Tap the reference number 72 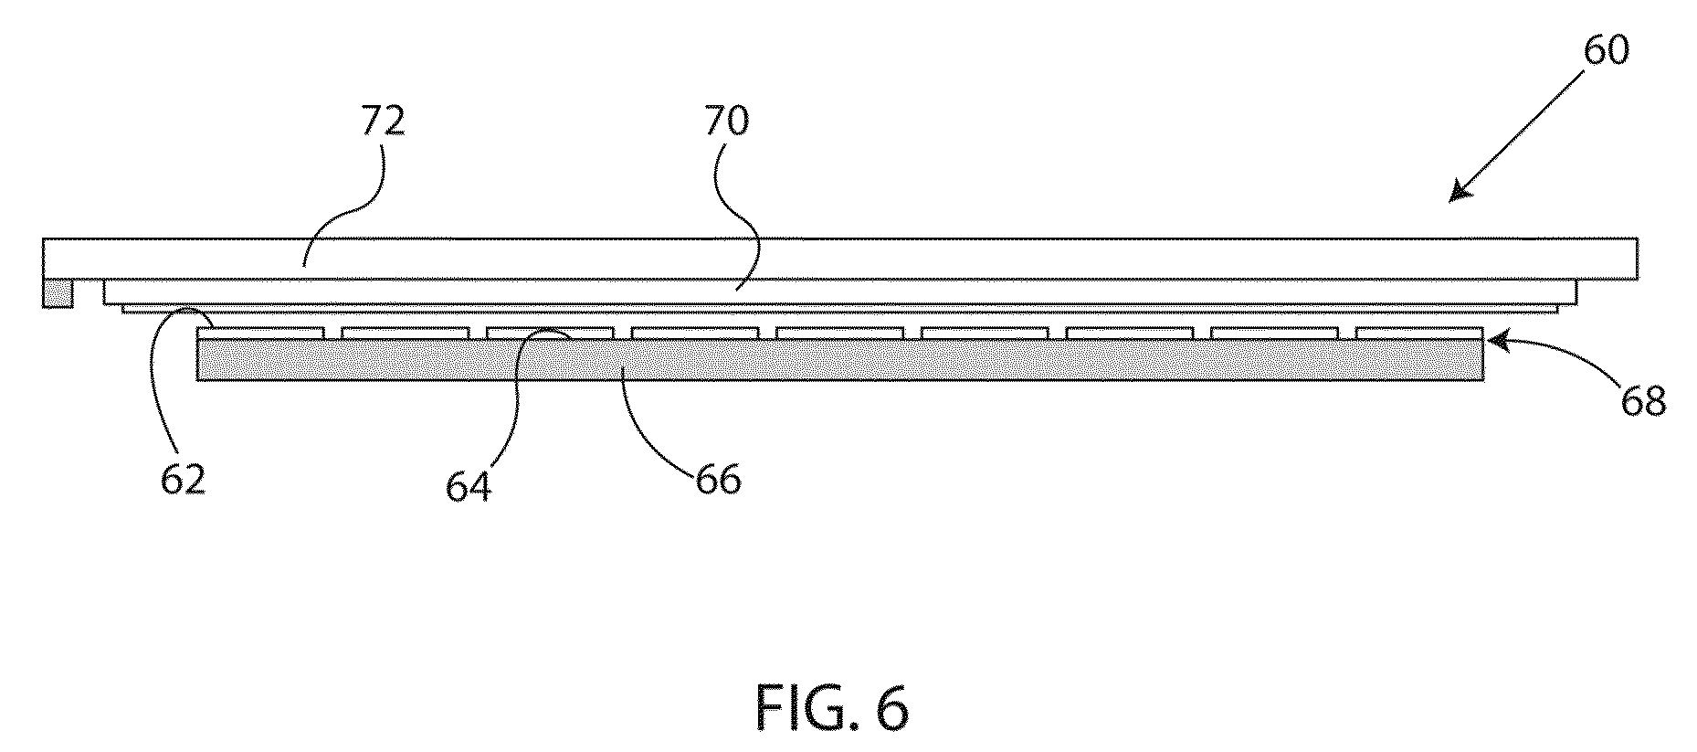tap(381, 121)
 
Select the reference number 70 tap(726, 121)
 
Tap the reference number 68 tap(1643, 400)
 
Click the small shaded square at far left tap(58, 293)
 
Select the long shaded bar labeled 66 tap(840, 359)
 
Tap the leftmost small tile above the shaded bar tap(260, 333)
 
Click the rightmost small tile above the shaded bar tap(1420, 333)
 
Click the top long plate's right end tap(1636, 259)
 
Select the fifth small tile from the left tap(840, 333)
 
